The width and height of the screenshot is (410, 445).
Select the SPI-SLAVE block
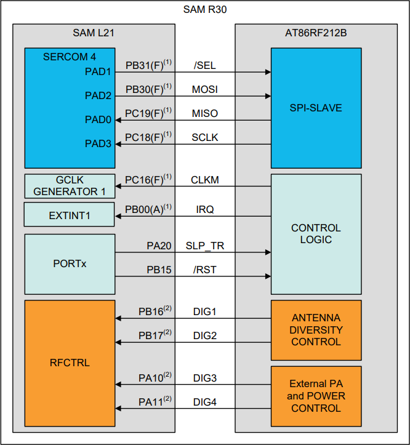(316, 108)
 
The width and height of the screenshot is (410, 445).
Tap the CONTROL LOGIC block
(316, 234)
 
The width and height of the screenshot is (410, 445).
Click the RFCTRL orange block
(70, 363)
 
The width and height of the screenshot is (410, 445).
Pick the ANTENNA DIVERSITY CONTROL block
(316, 330)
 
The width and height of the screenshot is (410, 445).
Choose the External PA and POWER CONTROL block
(316, 396)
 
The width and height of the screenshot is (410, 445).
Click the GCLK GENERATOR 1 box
(70, 186)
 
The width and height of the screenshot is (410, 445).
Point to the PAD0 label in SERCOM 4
(98, 119)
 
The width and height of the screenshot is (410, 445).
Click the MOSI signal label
(204, 90)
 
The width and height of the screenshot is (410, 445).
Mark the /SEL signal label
(204, 66)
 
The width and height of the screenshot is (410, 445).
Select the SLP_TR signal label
(205, 246)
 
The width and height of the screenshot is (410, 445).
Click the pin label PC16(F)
(146, 180)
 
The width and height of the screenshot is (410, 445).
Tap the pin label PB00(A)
(146, 210)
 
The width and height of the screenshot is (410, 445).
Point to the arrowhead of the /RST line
(268, 276)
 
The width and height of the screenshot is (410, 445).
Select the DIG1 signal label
(204, 312)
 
